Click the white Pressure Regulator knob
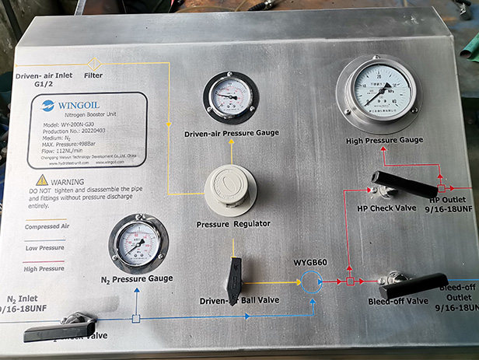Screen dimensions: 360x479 click(x=231, y=189)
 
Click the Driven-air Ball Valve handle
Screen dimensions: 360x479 click(x=235, y=274)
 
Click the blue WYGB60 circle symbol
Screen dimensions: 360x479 click(x=314, y=280)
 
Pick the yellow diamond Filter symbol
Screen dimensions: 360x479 click(x=94, y=63)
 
